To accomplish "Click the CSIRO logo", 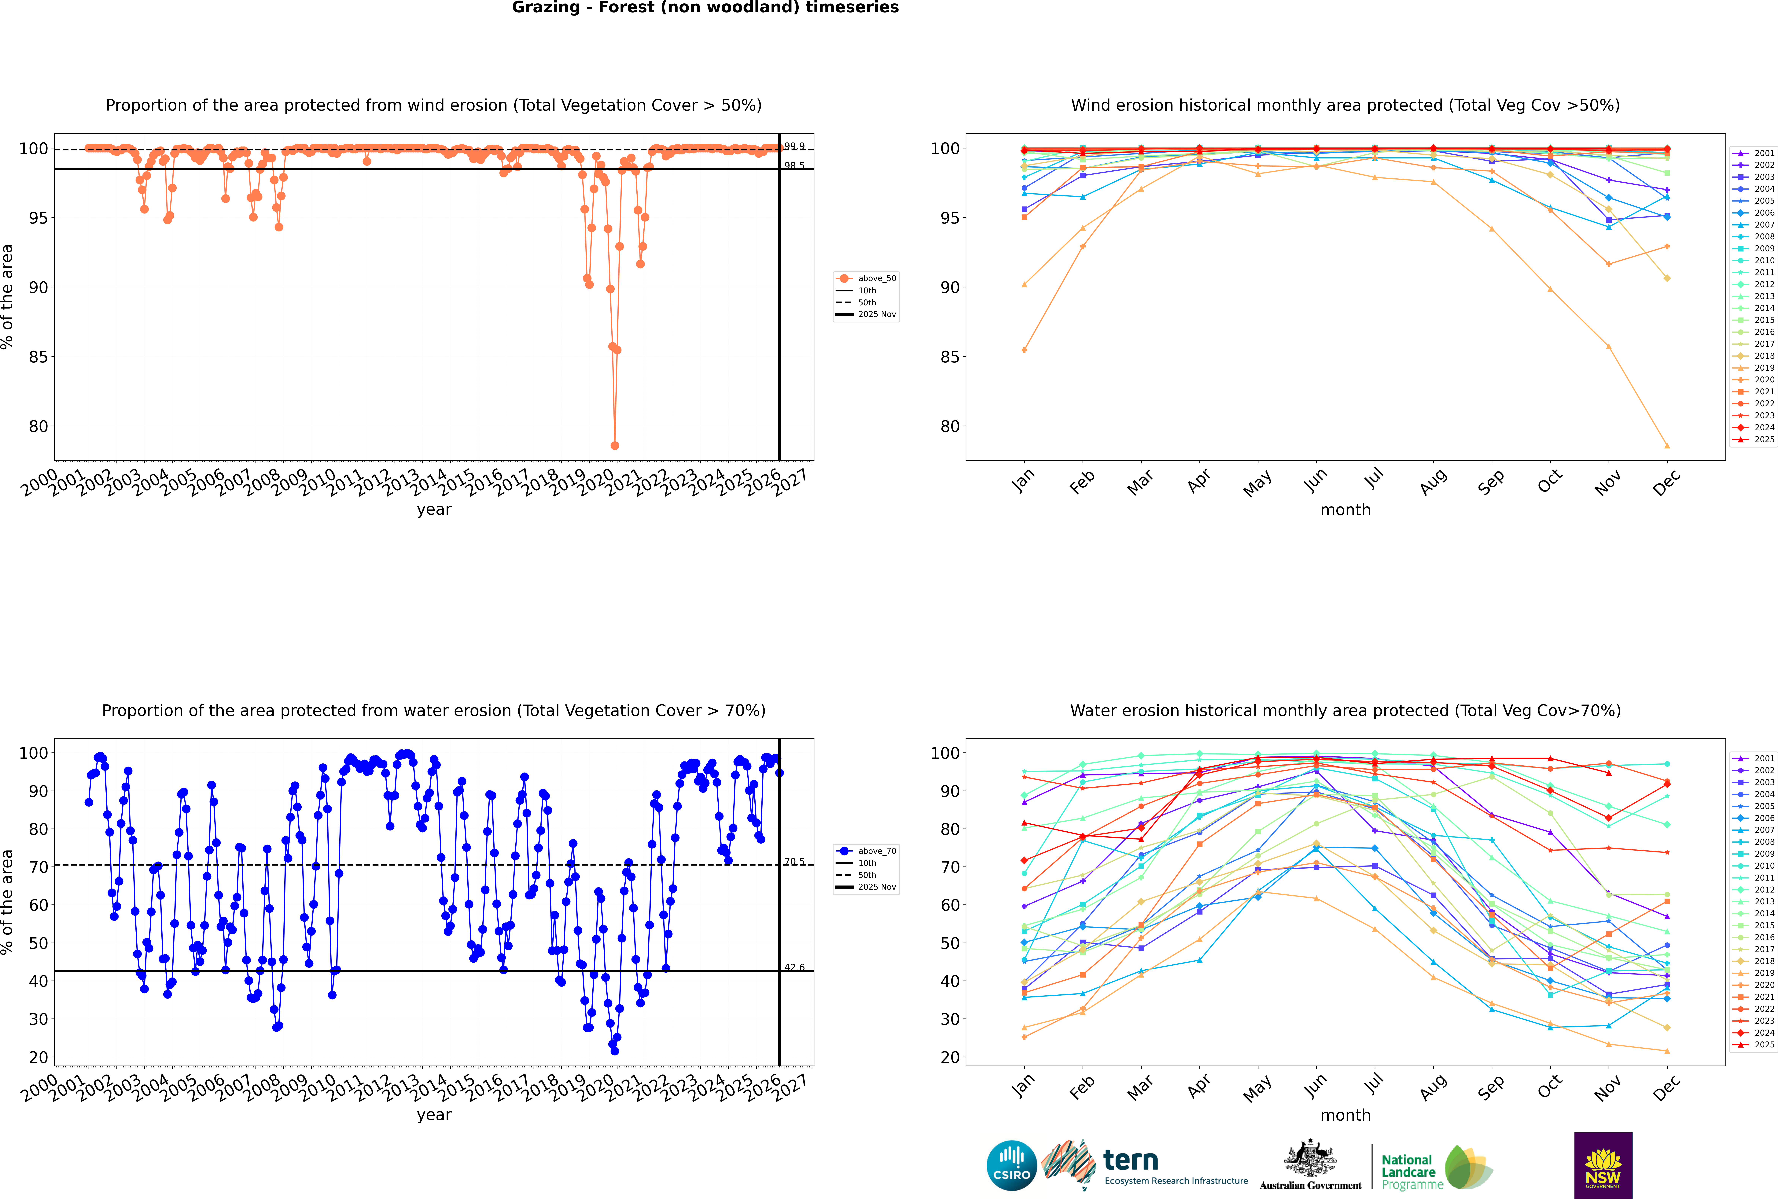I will [x=1011, y=1165].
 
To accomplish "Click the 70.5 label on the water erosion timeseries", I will [x=794, y=862].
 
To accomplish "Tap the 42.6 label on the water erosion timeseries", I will [x=794, y=967].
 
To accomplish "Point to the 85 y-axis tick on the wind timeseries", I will [x=38, y=357].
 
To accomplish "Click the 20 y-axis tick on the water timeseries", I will [x=38, y=1058].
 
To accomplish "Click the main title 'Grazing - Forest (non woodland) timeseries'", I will [x=705, y=8].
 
